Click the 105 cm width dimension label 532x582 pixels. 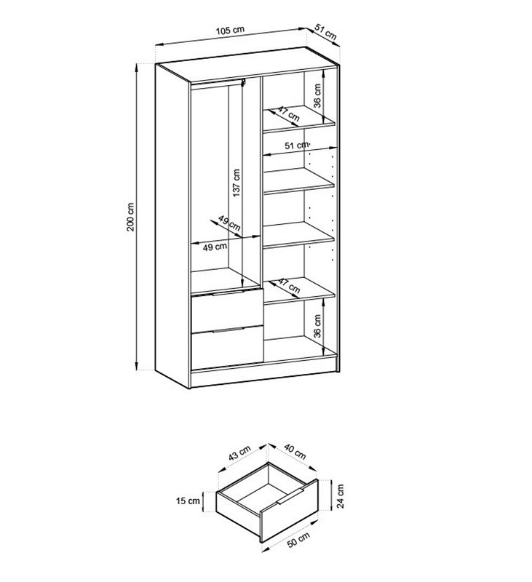point(230,30)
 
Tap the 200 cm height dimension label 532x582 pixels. point(131,217)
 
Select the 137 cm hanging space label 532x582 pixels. point(236,183)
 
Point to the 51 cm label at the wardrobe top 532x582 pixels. point(325,32)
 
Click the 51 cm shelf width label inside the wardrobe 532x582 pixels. point(297,145)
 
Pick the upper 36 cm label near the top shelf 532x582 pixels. point(317,96)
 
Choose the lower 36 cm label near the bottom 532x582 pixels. point(317,326)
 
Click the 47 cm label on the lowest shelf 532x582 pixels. point(289,285)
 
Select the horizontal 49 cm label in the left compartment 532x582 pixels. point(215,247)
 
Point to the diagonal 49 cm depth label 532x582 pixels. point(229,223)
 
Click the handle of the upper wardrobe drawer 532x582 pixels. point(228,293)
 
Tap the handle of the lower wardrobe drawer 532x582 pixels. point(228,329)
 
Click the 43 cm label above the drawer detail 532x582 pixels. point(239,453)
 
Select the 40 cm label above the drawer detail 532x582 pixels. point(295,451)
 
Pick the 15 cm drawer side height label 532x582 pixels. point(188,501)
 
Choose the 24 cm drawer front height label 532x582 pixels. point(341,496)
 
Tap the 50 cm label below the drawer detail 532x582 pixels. point(298,539)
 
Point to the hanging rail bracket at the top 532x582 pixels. point(244,82)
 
